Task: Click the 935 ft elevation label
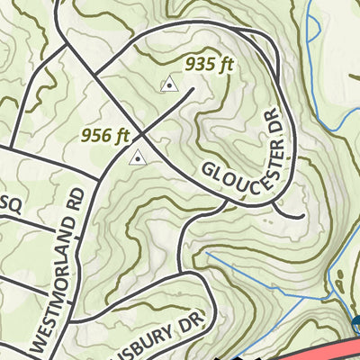click(x=209, y=65)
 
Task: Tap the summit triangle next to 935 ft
click(x=168, y=85)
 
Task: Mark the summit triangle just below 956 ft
click(x=137, y=158)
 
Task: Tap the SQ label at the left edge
click(x=11, y=202)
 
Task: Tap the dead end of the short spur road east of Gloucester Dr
click(x=302, y=217)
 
